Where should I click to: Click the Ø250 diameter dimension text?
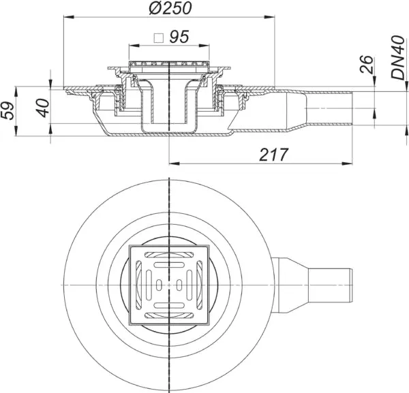[170, 7]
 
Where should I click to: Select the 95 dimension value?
[179, 37]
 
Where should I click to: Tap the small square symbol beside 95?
[159, 38]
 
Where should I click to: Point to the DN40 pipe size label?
[398, 57]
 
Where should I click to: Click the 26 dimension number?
[367, 64]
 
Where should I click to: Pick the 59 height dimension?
[7, 111]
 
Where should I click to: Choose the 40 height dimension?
[43, 108]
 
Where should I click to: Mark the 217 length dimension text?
[273, 155]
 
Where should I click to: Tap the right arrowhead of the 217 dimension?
[348, 163]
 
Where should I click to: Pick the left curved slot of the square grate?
[138, 285]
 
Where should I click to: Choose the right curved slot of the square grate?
[200, 285]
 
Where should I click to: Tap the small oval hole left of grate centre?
[159, 285]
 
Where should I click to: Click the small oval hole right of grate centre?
[179, 285]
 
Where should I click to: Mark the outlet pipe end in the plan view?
[351, 285]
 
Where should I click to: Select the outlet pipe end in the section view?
[352, 108]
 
